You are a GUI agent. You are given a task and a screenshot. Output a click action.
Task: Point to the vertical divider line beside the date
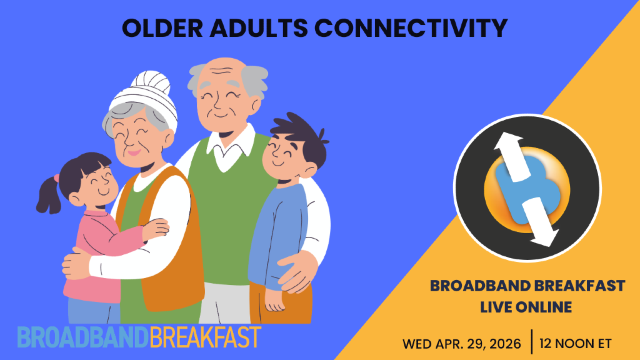(531, 342)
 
